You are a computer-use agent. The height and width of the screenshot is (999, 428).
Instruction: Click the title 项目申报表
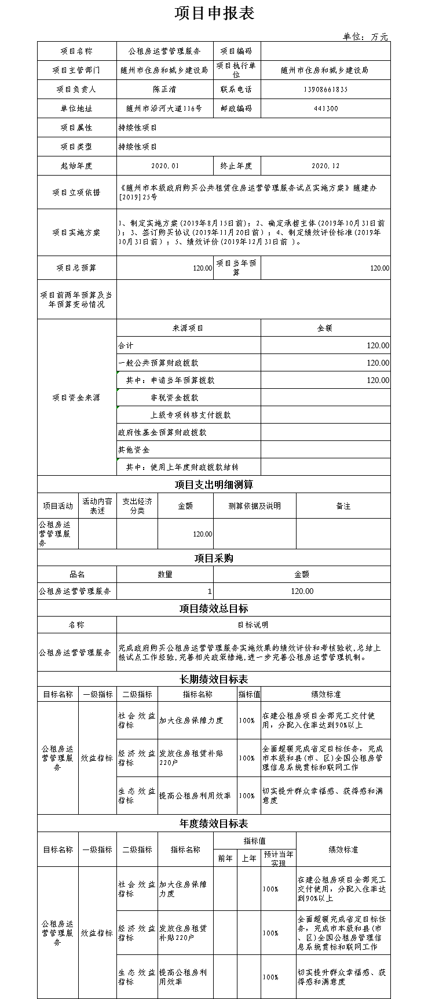pyautogui.click(x=214, y=13)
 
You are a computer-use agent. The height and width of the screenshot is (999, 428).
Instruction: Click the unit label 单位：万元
pyautogui.click(x=365, y=37)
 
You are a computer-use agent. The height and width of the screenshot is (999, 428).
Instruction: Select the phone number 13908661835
pyautogui.click(x=325, y=89)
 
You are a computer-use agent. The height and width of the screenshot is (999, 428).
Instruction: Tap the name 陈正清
pyautogui.click(x=164, y=89)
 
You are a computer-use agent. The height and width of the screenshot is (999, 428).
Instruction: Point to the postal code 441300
pyautogui.click(x=325, y=108)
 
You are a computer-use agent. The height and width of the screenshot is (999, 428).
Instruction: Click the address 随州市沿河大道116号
pyautogui.click(x=164, y=108)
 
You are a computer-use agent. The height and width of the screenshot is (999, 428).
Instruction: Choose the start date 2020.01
pyautogui.click(x=164, y=166)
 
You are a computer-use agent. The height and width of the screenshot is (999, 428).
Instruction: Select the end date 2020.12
pyautogui.click(x=325, y=166)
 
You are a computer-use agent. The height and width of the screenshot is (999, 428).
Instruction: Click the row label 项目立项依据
pyautogui.click(x=76, y=192)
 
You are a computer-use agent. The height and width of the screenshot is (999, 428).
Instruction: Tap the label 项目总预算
pyautogui.click(x=76, y=268)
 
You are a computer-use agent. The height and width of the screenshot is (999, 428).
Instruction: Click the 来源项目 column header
pyautogui.click(x=188, y=328)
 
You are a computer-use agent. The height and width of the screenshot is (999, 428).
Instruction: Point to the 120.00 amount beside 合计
pyautogui.click(x=378, y=345)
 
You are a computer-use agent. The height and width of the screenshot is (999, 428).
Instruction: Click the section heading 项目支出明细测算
pyautogui.click(x=214, y=484)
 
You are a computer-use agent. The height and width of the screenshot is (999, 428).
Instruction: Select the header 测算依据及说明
pyautogui.click(x=254, y=506)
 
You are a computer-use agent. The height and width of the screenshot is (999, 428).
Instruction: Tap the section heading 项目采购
pyautogui.click(x=214, y=558)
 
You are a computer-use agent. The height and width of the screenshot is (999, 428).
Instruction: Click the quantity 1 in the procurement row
pyautogui.click(x=209, y=592)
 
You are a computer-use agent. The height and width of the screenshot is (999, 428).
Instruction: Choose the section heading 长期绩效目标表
pyautogui.click(x=214, y=679)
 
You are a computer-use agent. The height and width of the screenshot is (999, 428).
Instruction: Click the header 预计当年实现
pyautogui.click(x=278, y=858)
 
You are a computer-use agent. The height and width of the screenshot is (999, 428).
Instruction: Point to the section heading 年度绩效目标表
pyautogui.click(x=214, y=823)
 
